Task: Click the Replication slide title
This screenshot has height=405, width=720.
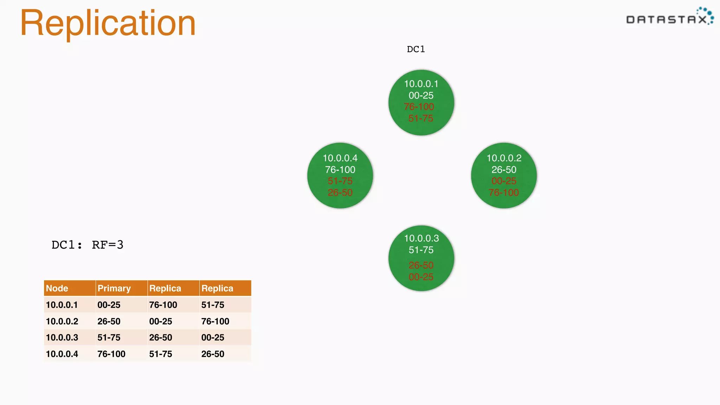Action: (108, 23)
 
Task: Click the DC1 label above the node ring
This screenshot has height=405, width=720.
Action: (416, 49)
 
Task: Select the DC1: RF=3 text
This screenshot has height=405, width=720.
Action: (88, 245)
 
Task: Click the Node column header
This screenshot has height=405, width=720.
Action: (57, 288)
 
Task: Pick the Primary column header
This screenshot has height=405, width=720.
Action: (114, 288)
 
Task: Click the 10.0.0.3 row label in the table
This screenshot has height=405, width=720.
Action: (62, 337)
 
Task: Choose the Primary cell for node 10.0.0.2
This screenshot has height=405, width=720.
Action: (109, 321)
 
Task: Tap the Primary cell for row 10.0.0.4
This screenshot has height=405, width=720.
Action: (111, 354)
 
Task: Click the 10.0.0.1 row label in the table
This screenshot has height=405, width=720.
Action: (62, 305)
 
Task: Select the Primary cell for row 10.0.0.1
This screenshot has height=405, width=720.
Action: (109, 305)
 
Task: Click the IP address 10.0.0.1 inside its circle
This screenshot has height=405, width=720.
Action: (421, 84)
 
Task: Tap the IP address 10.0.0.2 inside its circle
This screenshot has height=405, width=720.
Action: (504, 158)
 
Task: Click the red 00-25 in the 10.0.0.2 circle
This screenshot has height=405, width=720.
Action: (503, 181)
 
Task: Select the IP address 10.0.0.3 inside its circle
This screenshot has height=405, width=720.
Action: (421, 238)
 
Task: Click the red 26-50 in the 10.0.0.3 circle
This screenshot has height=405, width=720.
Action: (421, 265)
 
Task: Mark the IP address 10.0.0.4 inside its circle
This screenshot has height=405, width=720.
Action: (340, 158)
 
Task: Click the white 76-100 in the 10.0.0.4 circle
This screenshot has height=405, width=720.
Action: (340, 170)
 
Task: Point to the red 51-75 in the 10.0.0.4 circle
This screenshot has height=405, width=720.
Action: (340, 181)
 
